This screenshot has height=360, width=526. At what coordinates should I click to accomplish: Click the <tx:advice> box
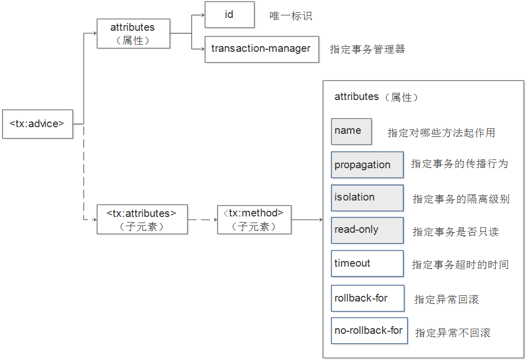point(37,124)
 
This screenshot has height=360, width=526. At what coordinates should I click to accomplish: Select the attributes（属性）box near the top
point(133,34)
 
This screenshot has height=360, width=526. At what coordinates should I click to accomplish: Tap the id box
point(229,15)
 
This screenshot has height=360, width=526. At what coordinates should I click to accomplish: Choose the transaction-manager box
point(261,49)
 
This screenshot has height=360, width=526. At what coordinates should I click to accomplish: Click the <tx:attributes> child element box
point(142,219)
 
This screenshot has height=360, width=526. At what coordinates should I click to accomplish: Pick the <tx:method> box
point(254,219)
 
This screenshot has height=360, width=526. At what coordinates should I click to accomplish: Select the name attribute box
point(351,131)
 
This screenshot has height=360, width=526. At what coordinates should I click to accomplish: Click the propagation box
point(367,165)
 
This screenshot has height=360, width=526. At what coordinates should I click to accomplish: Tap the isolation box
point(367,197)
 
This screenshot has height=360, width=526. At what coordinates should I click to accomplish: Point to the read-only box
point(367,230)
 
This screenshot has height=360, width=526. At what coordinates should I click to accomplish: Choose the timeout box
point(367,264)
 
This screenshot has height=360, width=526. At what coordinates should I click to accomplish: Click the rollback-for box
point(367,298)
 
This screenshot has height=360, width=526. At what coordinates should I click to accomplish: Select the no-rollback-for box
point(369,331)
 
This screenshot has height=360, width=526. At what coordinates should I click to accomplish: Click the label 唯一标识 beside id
point(291,16)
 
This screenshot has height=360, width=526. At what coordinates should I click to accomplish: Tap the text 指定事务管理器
point(368,50)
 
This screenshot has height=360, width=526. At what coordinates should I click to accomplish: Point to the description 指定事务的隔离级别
point(461,199)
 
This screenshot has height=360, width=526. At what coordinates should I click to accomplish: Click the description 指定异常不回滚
point(453,333)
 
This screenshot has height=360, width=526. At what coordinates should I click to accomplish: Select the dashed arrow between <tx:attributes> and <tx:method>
point(202,219)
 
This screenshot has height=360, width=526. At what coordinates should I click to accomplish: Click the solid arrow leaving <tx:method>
point(307,219)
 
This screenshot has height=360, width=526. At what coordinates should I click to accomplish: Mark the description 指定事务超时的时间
point(460,265)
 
